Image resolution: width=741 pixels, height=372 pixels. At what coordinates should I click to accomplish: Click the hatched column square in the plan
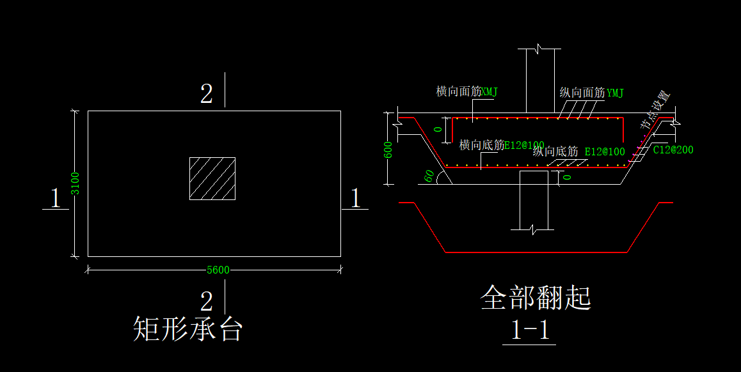(212, 178)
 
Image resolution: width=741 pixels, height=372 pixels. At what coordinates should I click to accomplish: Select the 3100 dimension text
(75, 183)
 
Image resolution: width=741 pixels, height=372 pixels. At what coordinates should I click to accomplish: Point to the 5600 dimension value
(218, 270)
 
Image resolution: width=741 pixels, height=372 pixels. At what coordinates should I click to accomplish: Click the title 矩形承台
(187, 329)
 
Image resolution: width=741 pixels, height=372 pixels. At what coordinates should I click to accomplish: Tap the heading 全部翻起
(535, 298)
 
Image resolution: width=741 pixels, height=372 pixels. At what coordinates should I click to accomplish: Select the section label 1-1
(530, 330)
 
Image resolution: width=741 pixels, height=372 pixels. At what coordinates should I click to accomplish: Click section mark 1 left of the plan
(56, 198)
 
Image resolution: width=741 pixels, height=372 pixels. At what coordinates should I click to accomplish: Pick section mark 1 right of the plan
(356, 198)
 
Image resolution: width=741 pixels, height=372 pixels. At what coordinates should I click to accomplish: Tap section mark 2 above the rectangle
(206, 95)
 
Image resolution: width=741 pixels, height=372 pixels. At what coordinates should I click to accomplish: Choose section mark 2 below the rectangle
(206, 301)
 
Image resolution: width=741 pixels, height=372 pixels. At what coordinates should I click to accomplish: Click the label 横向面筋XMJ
(466, 92)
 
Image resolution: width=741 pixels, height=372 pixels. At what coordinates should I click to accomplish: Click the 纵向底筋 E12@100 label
(578, 151)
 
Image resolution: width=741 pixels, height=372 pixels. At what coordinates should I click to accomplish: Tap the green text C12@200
(673, 150)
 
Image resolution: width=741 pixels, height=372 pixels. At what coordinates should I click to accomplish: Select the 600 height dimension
(388, 150)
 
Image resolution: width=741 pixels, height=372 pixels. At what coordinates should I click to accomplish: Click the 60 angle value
(429, 174)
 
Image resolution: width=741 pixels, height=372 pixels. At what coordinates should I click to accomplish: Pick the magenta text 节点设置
(655, 110)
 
